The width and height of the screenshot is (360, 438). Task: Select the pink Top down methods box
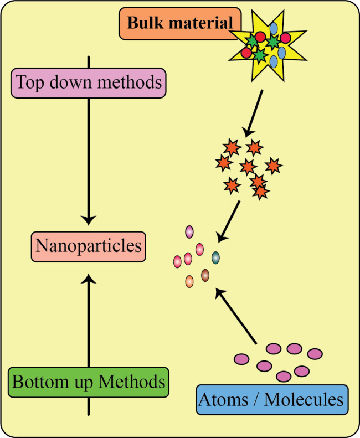point(89,83)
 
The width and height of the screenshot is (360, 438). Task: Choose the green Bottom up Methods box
point(89,382)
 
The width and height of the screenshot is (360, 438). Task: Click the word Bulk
point(145,23)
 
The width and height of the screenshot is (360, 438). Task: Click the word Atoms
point(224,399)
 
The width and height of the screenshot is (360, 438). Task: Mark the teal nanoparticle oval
point(215,257)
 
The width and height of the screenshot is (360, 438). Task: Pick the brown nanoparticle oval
point(205,274)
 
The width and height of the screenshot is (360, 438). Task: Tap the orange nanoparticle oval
point(189,281)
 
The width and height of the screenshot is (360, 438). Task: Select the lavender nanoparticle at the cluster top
point(189,231)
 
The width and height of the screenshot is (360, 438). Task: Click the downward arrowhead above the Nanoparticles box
point(89,220)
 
